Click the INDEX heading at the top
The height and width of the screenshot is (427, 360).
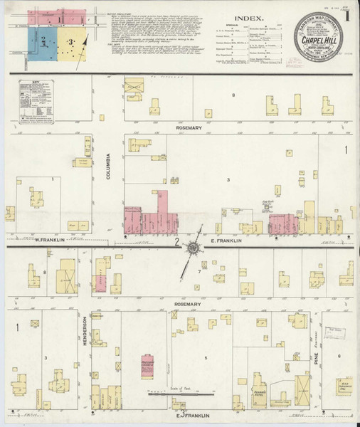pos(248,20)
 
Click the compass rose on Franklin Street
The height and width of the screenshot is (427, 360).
pos(194,248)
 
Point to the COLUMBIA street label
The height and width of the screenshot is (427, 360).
pos(110,165)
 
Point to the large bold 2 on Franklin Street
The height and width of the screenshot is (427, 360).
pos(175,242)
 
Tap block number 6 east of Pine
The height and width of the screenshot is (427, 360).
pos(339,356)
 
